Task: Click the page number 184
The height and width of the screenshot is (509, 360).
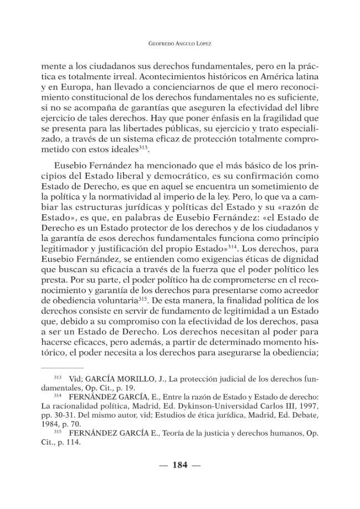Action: point(180,465)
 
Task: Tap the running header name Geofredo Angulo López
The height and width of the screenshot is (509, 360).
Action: point(180,43)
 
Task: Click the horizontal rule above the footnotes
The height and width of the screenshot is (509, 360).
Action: point(62,368)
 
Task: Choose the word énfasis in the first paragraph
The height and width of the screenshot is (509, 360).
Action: point(178,119)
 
